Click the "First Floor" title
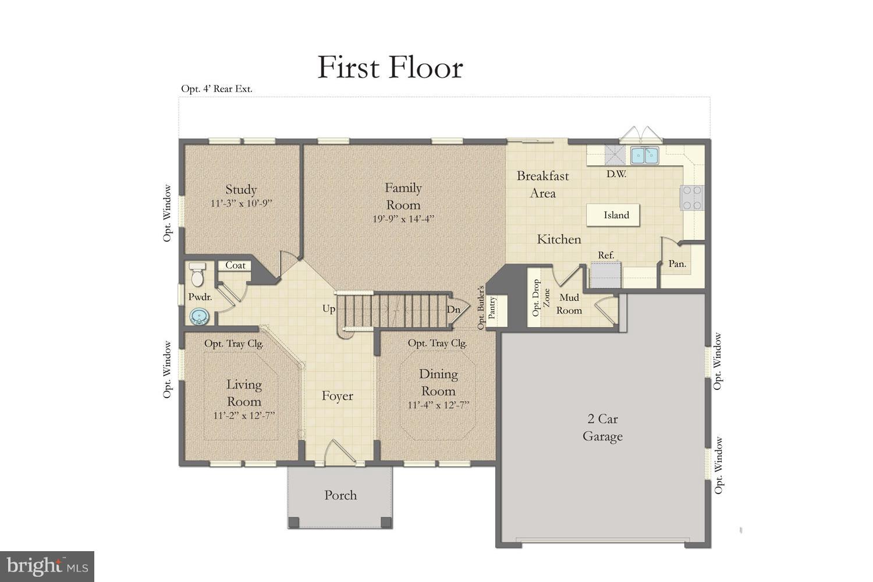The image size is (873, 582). [x=390, y=68]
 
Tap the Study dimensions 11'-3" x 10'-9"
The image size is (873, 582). [x=241, y=204]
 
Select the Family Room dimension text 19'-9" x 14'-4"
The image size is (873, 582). [x=403, y=219]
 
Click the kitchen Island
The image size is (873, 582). [x=616, y=215]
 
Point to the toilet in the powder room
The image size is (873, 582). [x=197, y=275]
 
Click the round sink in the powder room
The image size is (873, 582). [x=200, y=316]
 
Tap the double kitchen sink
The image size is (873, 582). [x=644, y=155]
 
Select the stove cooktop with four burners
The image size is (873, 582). [x=692, y=197]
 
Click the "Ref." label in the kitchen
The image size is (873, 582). [x=606, y=255]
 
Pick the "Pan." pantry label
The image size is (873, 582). [x=677, y=264]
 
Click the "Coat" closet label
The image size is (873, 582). [x=235, y=265]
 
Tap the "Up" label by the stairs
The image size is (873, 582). [x=329, y=308]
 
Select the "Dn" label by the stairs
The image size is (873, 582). [x=453, y=310]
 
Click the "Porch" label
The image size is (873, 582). [x=340, y=495]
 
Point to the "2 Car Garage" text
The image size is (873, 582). [x=602, y=428]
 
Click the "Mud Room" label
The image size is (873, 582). [x=569, y=304]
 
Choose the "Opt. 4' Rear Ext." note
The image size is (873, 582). [x=217, y=89]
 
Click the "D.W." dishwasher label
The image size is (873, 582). [x=616, y=173]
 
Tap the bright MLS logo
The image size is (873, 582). [x=47, y=566]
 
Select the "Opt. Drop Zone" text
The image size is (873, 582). [x=541, y=298]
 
